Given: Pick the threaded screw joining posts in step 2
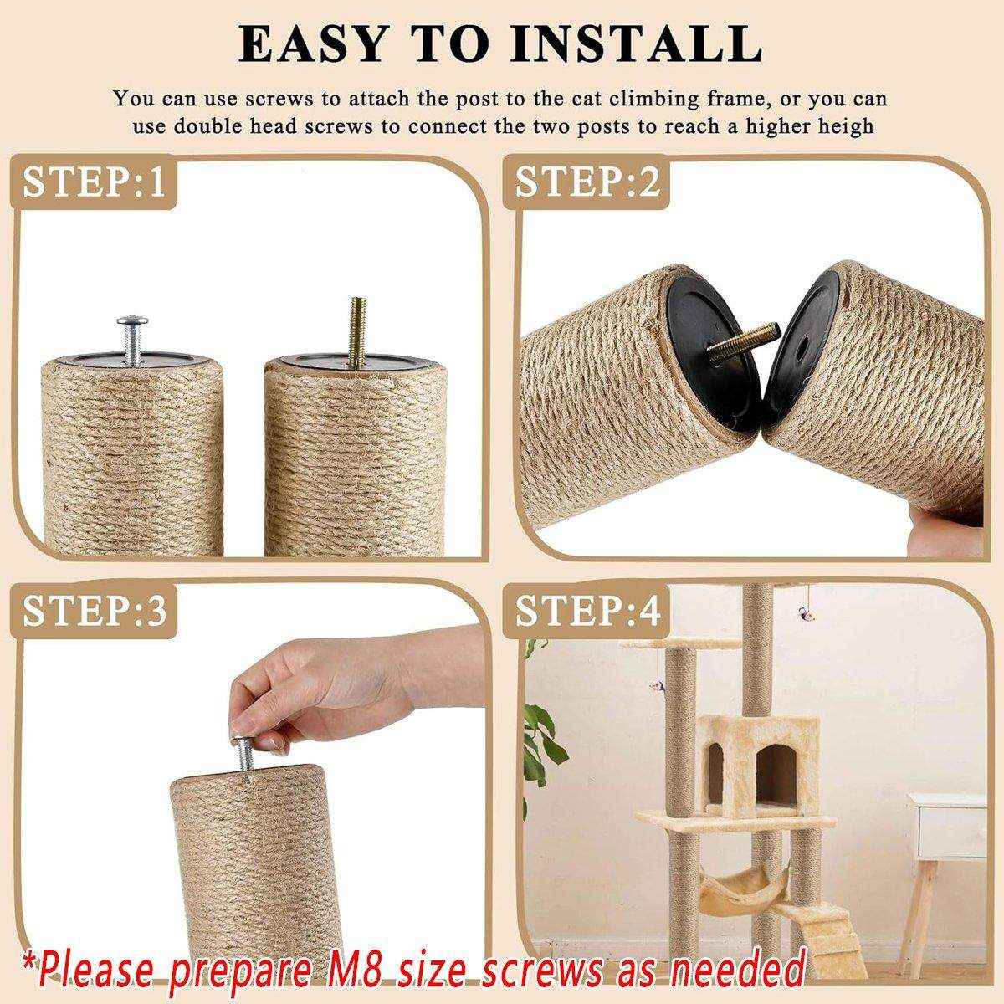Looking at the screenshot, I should pyautogui.click(x=734, y=346).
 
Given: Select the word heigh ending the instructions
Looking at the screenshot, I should pyautogui.click(x=845, y=126).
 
